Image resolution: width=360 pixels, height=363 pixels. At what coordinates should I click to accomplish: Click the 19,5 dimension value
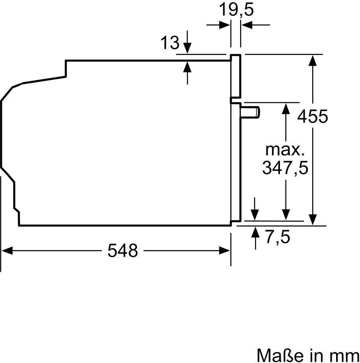point(236,10)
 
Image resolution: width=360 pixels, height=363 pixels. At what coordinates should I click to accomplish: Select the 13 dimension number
point(170,42)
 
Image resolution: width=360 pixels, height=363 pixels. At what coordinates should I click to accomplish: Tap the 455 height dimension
point(313,116)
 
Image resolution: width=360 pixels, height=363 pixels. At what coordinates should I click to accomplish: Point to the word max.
point(285,150)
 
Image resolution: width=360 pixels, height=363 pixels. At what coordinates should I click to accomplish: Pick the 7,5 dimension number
point(278,237)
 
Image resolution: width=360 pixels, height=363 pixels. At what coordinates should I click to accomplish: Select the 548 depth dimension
point(123,250)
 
